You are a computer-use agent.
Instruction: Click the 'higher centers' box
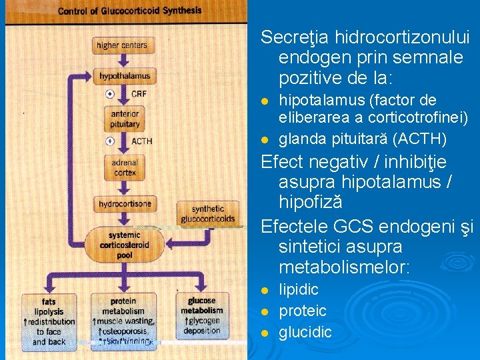[x=121, y=45]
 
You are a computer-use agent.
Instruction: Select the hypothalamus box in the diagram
[x=125, y=76]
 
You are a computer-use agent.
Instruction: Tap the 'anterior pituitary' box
[x=125, y=119]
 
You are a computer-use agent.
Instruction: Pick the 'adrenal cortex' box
[x=125, y=167]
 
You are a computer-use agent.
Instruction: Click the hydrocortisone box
[x=125, y=203]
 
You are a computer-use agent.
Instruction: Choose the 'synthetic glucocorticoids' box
[x=208, y=213]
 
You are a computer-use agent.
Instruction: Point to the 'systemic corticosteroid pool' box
[x=125, y=244]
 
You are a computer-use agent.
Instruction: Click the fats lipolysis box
[x=49, y=321]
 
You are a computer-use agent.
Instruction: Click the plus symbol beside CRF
[x=109, y=93]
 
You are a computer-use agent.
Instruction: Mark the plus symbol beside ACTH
[x=109, y=141]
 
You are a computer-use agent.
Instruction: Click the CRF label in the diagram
[x=139, y=93]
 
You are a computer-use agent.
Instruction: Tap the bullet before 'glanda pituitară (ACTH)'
[x=265, y=140]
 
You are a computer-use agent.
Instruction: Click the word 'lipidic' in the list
[x=298, y=289]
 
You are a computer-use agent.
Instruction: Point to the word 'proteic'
[x=302, y=311]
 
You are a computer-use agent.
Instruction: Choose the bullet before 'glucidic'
[x=265, y=333]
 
